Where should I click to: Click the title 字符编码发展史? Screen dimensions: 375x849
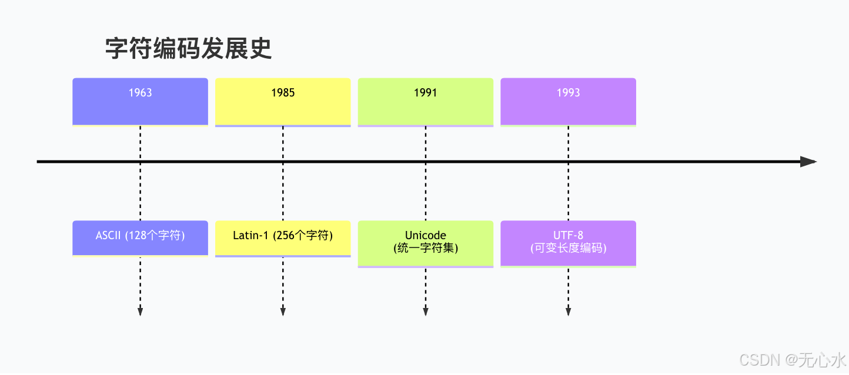(x=188, y=49)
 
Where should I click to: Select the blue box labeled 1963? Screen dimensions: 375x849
(x=140, y=101)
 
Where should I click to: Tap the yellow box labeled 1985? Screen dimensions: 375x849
(x=283, y=101)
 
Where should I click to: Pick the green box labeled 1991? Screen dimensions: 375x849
(x=425, y=101)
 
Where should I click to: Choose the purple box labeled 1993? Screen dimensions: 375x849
(x=568, y=101)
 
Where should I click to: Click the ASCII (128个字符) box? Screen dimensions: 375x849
(x=140, y=237)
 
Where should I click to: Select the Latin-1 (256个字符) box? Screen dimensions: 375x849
(x=283, y=237)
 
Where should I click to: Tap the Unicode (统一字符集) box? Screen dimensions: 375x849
(x=425, y=243)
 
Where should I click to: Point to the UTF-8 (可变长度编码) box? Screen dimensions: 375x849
(x=568, y=243)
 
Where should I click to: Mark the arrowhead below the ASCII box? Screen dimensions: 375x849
(x=140, y=312)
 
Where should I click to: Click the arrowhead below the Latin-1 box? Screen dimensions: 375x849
(x=283, y=312)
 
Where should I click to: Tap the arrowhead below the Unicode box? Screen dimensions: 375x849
(x=425, y=312)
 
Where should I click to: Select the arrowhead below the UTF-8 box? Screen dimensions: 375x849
(x=568, y=312)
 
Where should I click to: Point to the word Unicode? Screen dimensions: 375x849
(x=425, y=236)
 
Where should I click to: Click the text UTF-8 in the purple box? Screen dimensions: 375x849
(x=568, y=236)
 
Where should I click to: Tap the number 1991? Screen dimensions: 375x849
(x=425, y=93)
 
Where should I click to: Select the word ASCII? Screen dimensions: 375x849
(x=108, y=236)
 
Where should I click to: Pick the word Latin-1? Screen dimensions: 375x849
(x=250, y=236)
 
